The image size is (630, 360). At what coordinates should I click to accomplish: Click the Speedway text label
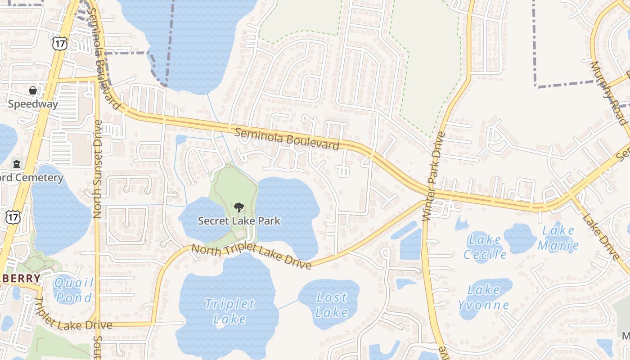pos(33,104)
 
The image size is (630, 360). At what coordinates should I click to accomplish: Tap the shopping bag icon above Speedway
pos(33,90)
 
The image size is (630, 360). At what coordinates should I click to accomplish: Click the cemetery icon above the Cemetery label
pos(17,164)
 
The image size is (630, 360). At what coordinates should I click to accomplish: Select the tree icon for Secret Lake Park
pos(238,207)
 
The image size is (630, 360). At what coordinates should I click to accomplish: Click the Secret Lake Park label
pos(239,220)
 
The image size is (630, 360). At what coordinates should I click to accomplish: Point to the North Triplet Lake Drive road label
pos(251,256)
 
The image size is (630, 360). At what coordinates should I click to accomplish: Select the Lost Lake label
pos(332,305)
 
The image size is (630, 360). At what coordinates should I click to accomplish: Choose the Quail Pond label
pos(73,290)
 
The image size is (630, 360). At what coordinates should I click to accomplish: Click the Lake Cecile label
pos(485,246)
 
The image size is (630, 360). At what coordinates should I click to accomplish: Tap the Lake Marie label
pos(558,238)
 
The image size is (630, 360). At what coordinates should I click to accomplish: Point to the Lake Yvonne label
pos(484,297)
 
